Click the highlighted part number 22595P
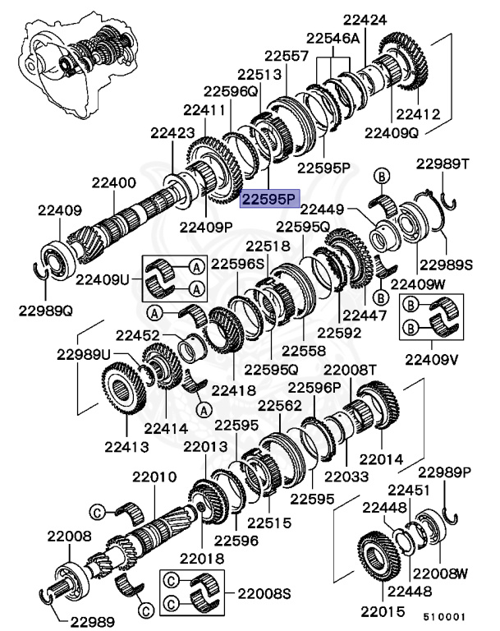click(x=269, y=198)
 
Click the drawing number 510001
click(x=444, y=615)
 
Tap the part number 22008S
click(x=265, y=592)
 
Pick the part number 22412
click(x=418, y=115)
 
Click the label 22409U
click(x=103, y=279)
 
